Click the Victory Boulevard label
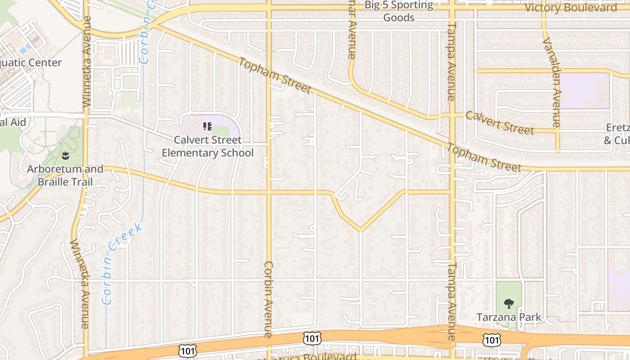(571, 8)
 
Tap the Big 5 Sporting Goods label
(399, 12)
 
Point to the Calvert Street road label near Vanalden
(499, 122)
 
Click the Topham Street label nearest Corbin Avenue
(274, 76)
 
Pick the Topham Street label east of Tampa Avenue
(484, 157)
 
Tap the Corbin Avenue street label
(268, 299)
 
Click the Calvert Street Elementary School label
(207, 146)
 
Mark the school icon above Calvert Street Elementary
(207, 126)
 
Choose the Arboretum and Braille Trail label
(65, 175)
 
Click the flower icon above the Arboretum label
(65, 156)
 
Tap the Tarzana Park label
(509, 317)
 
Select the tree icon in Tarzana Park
(509, 304)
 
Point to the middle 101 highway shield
(312, 338)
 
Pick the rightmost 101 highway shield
(492, 340)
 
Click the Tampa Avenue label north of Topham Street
(450, 62)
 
